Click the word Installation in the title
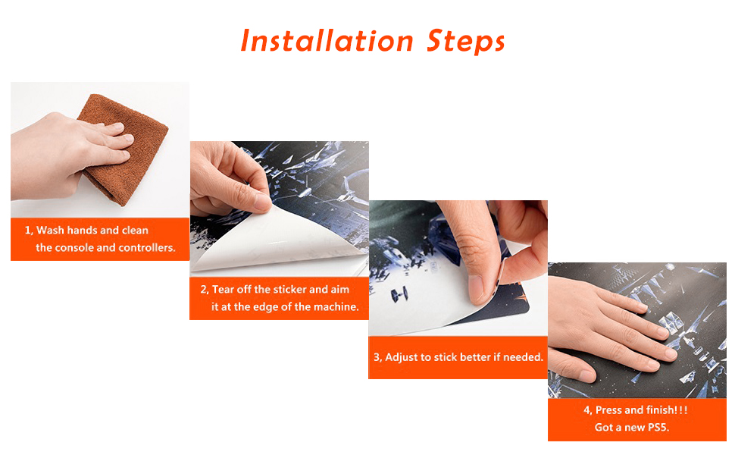pyautogui.click(x=327, y=41)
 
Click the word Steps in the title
pyautogui.click(x=465, y=42)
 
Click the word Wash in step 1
pyautogui.click(x=51, y=231)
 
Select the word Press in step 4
pyautogui.click(x=608, y=410)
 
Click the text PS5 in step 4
pyautogui.click(x=658, y=428)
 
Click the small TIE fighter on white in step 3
pyautogui.click(x=400, y=294)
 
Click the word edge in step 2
pyautogui.click(x=265, y=307)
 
